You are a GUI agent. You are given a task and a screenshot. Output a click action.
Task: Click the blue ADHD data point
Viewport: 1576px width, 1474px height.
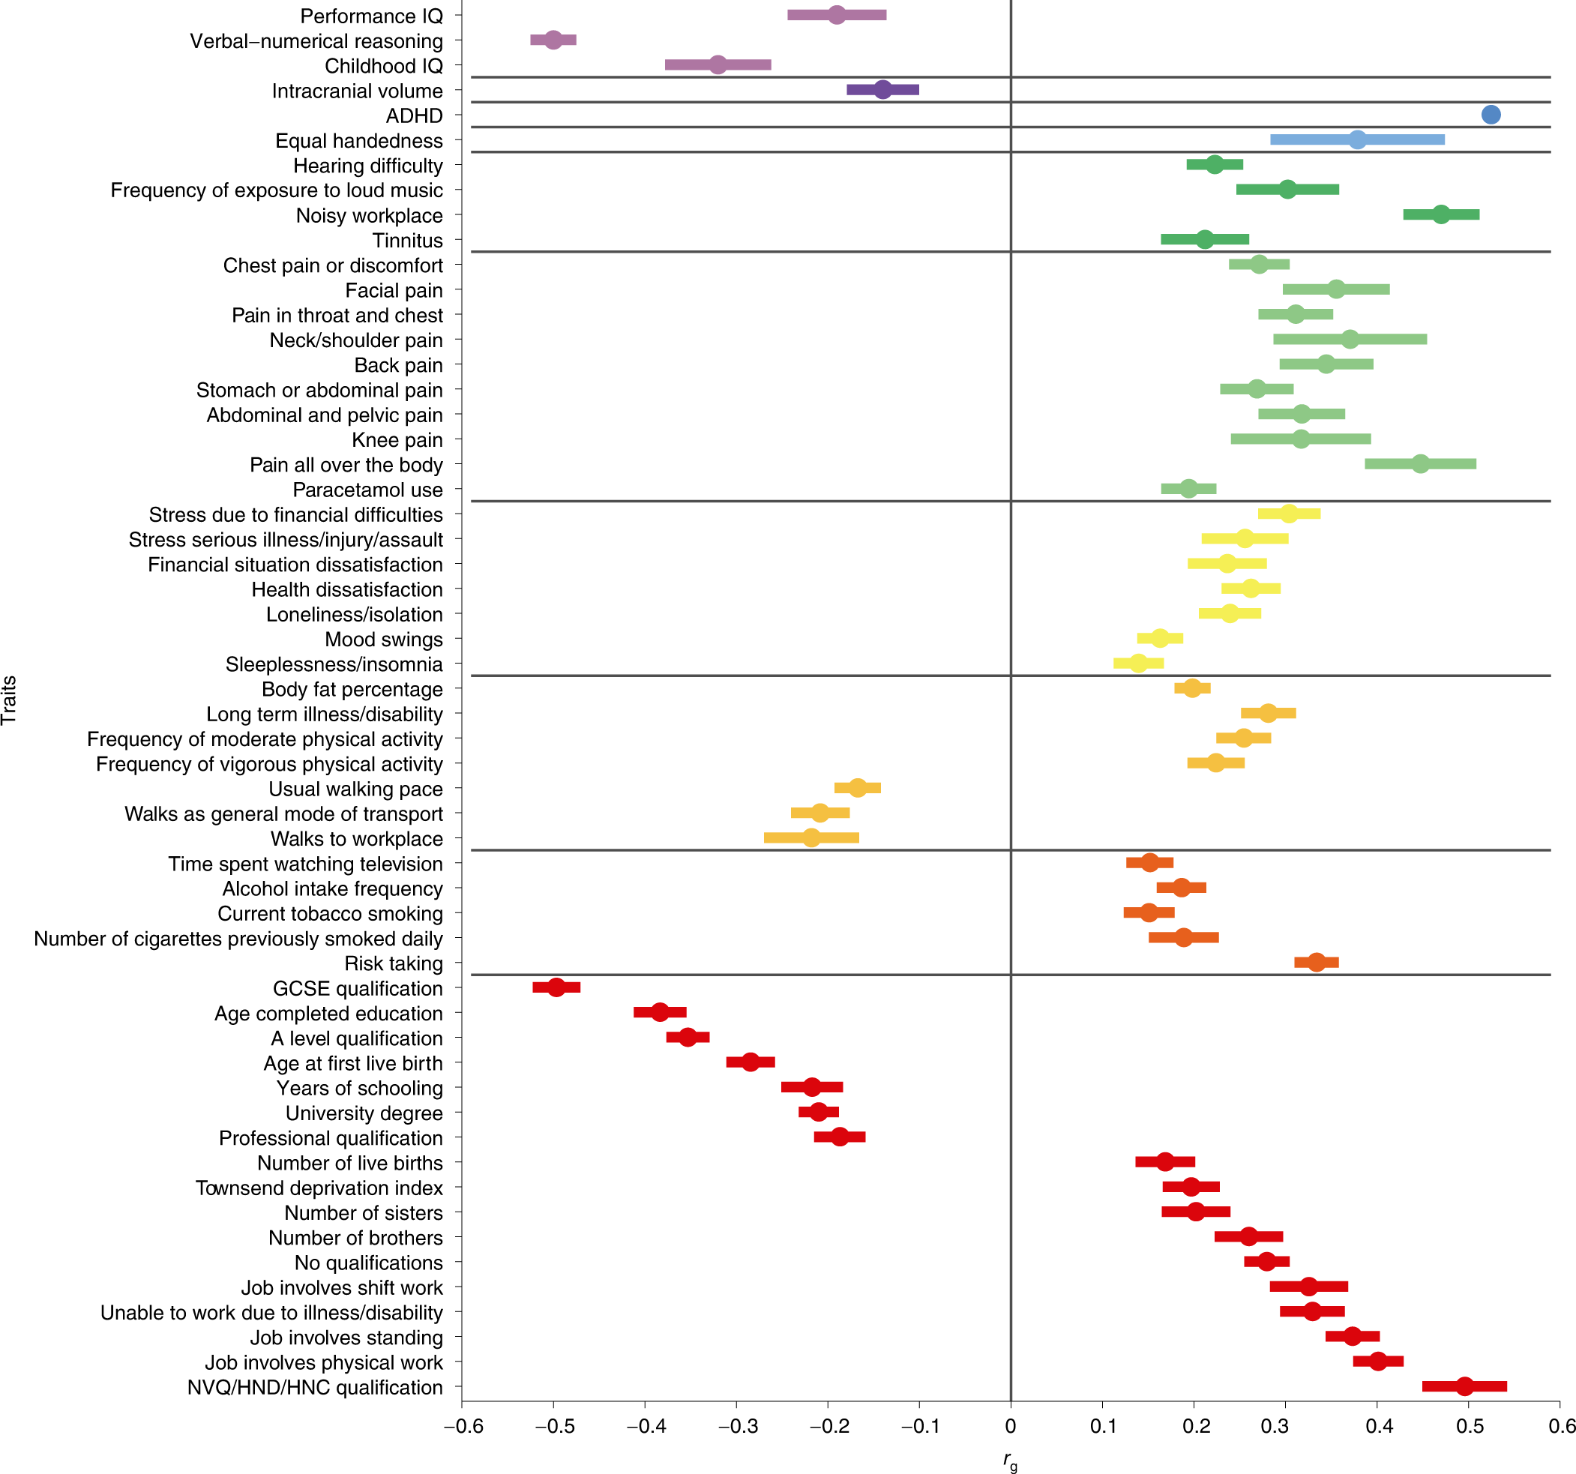click(x=1491, y=115)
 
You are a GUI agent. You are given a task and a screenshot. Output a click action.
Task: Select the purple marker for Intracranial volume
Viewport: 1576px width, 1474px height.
click(x=883, y=90)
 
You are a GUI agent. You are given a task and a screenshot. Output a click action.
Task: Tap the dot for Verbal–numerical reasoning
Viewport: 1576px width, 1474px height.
click(x=553, y=40)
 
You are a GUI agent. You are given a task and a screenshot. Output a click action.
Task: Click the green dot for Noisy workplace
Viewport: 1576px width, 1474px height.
click(x=1441, y=214)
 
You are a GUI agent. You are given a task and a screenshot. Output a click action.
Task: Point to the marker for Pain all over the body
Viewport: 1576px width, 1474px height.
click(x=1421, y=464)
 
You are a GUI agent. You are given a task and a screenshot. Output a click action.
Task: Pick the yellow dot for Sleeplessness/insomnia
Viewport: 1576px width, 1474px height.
click(x=1138, y=663)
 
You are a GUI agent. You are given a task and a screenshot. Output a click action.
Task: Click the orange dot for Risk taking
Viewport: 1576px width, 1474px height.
click(x=1316, y=963)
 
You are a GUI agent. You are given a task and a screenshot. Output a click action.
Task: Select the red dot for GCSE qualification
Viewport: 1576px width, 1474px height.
click(x=556, y=987)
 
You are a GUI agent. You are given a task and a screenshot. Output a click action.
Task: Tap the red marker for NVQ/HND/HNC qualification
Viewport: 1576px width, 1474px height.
click(x=1465, y=1386)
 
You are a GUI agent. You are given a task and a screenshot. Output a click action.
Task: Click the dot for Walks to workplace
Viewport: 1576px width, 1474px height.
click(x=811, y=838)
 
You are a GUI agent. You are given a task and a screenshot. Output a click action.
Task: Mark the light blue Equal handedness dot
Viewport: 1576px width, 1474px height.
click(x=1357, y=140)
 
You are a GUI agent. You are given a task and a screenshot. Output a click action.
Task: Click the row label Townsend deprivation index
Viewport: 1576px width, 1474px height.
click(x=319, y=1188)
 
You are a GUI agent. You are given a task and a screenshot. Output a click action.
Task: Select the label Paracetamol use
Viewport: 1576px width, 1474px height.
click(x=367, y=490)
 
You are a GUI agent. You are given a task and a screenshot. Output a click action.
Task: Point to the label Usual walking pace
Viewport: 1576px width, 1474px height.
click(x=355, y=789)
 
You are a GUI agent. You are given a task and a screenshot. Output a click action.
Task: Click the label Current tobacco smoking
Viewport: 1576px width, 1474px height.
click(x=330, y=913)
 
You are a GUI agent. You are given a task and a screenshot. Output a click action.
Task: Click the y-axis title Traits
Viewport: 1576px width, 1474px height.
click(x=10, y=700)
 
